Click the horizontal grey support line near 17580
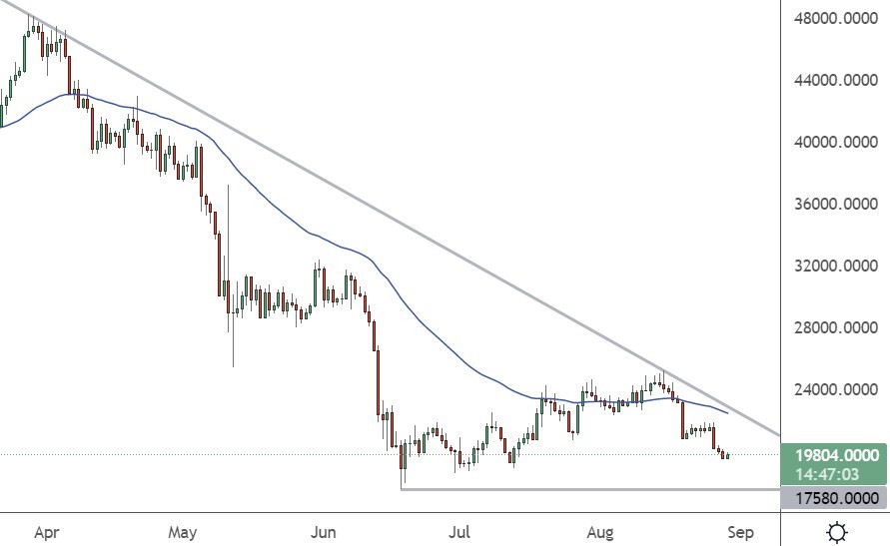coord(589,489)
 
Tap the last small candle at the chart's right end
coord(728,456)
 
